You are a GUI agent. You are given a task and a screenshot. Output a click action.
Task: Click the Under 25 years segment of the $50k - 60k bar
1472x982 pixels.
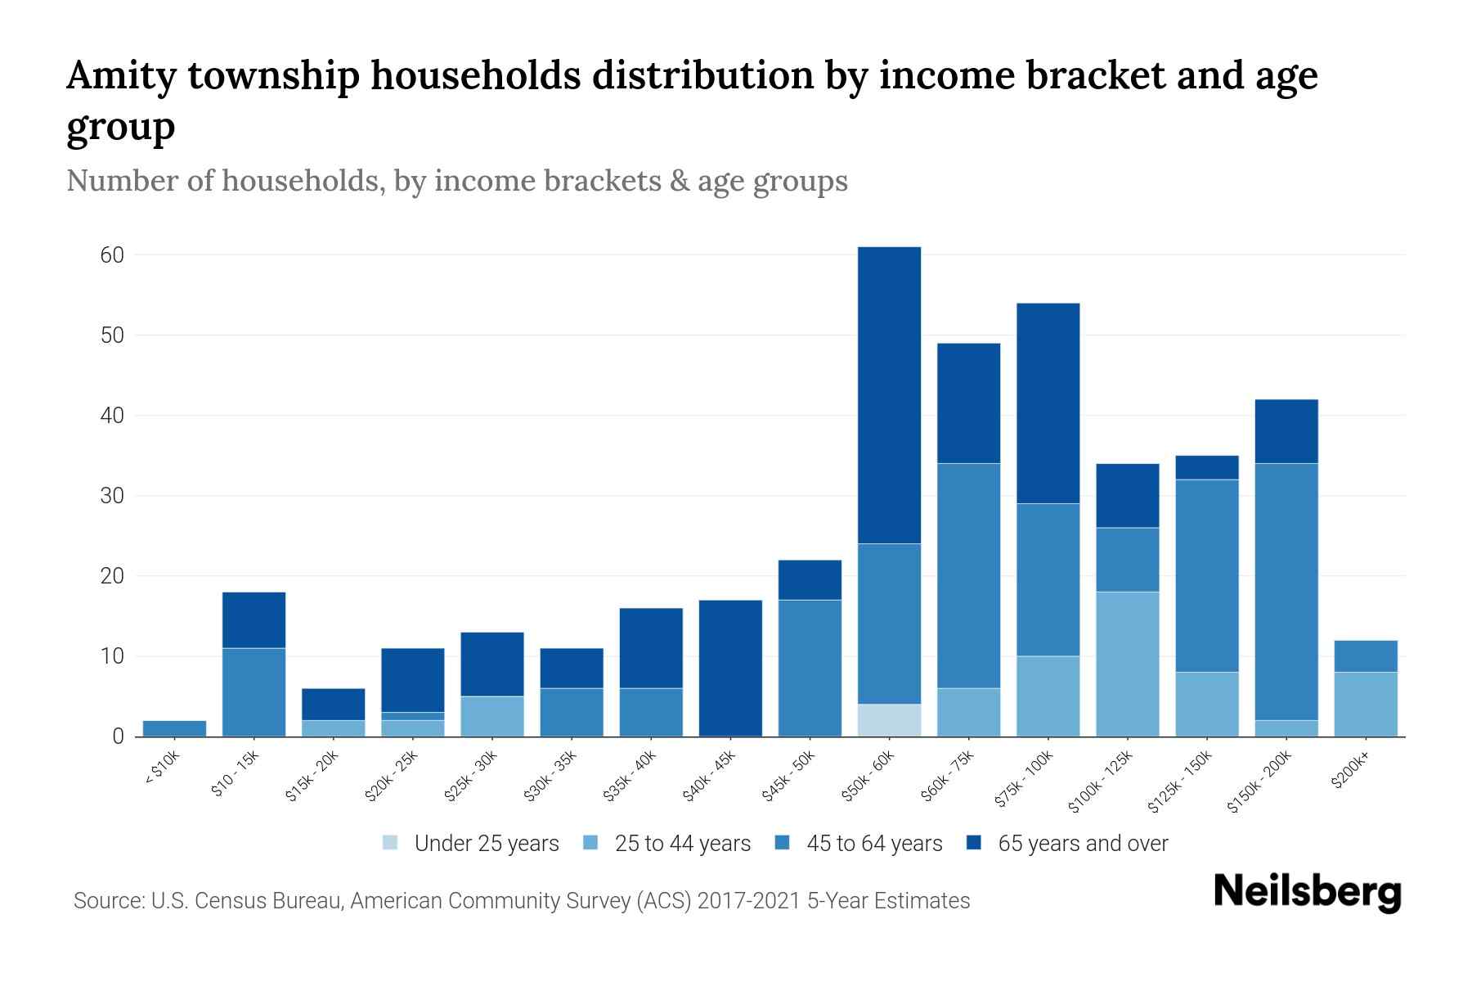tap(889, 720)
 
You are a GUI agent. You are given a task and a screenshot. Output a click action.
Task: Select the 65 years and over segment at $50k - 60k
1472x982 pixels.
tap(889, 394)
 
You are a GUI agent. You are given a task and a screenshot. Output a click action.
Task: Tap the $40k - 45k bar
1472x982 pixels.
tap(730, 668)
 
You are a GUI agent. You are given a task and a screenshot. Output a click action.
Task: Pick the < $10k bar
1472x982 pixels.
tap(174, 728)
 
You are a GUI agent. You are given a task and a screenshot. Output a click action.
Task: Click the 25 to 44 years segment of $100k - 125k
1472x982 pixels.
tap(1128, 664)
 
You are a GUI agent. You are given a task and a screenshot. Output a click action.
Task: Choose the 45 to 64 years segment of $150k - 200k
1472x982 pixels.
tap(1286, 592)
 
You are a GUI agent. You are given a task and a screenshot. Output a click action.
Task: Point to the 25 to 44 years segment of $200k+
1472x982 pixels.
tap(1366, 704)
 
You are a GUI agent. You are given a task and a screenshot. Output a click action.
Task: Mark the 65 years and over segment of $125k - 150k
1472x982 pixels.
tap(1207, 467)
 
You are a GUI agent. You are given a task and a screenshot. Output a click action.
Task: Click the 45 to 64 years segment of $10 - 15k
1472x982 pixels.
tap(254, 691)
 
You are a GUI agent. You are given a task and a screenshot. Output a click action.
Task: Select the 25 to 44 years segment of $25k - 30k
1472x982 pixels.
tap(492, 716)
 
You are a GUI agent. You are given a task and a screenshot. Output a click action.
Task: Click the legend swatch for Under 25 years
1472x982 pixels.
tap(391, 843)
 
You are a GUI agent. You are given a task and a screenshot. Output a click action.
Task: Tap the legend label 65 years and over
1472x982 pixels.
tap(1083, 843)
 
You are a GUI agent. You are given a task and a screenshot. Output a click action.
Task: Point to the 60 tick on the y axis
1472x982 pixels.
tap(113, 255)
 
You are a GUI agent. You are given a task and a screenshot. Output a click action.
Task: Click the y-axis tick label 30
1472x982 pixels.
tap(113, 496)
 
